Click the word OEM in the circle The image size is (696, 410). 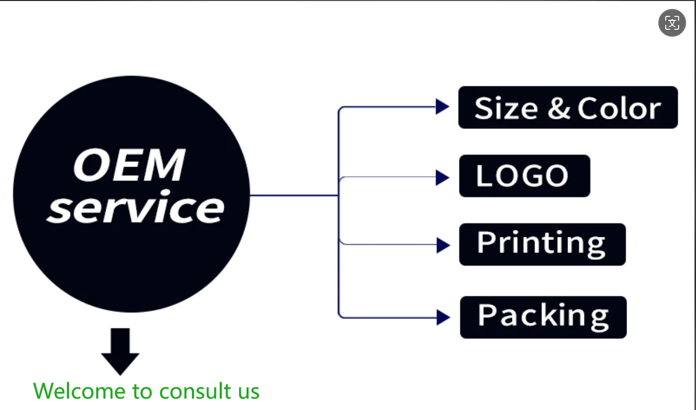coord(129,166)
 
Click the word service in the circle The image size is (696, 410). coord(135,208)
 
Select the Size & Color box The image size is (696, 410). coord(568,108)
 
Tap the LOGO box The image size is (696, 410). coord(524,176)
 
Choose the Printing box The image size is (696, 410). coord(542,244)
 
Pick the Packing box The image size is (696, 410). coord(543,317)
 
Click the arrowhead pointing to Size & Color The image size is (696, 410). coord(442,107)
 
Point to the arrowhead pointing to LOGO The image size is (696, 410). coord(442,177)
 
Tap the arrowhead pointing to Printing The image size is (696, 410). coord(443,244)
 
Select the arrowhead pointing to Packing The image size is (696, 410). coord(443,317)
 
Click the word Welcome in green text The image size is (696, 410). coord(79,391)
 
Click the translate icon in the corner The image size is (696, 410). coord(672,23)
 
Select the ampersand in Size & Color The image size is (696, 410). coord(559,109)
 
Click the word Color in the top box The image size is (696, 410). coord(619,109)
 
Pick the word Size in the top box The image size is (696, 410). coord(506,109)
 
